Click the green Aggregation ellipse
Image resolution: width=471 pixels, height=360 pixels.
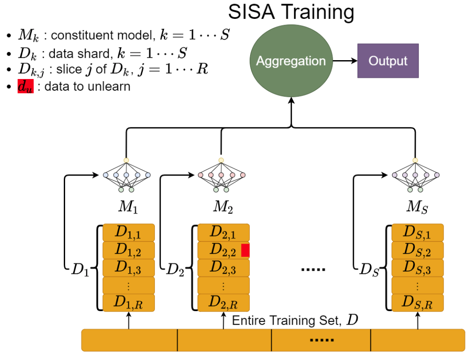click(x=291, y=61)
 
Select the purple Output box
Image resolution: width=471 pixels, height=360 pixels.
click(x=388, y=61)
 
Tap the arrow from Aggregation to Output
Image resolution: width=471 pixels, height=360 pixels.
click(x=345, y=61)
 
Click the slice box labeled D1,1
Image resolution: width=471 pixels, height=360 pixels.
click(x=128, y=233)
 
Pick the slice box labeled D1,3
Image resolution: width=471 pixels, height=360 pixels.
click(x=128, y=268)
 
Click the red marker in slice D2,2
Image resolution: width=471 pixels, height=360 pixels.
click(x=246, y=250)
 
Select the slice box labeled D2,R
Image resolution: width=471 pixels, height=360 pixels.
click(x=224, y=303)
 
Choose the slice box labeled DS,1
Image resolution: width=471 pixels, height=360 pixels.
click(x=418, y=233)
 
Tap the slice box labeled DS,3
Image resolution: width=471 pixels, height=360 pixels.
click(x=418, y=268)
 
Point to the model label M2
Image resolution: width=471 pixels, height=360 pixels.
click(x=223, y=207)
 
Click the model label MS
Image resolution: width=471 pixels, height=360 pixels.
click(x=417, y=207)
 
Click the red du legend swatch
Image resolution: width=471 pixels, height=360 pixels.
click(x=26, y=86)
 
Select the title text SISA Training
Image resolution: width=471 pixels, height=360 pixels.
click(x=291, y=12)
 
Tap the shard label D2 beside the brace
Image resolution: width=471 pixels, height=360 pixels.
click(x=175, y=269)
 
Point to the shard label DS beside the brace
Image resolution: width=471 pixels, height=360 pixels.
click(x=370, y=270)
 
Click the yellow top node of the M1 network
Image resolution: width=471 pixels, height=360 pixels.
click(x=126, y=160)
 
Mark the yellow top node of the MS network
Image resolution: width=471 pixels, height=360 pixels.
click(x=415, y=160)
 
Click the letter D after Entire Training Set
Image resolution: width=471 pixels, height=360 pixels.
click(x=352, y=320)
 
